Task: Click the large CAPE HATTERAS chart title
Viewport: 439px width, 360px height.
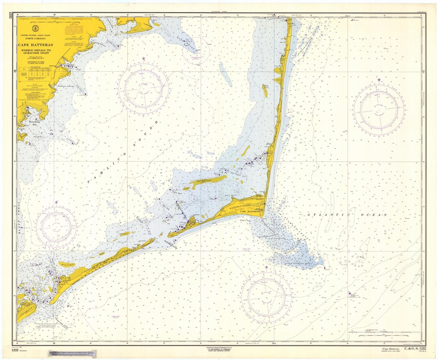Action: [x=35, y=45]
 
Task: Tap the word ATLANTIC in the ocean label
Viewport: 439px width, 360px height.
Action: [x=321, y=214]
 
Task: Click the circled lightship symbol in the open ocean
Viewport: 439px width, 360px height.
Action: [x=350, y=293]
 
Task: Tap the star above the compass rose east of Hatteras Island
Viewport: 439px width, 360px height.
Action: [x=379, y=80]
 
